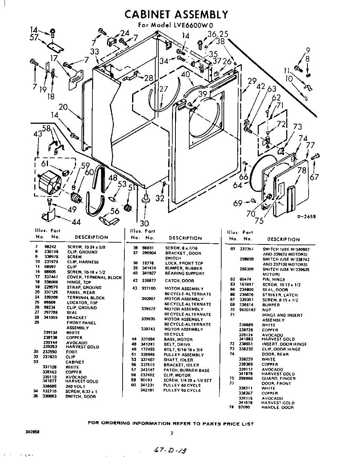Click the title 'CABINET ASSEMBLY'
click(x=177, y=14)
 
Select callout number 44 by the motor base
click(x=76, y=222)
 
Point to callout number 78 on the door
click(x=302, y=170)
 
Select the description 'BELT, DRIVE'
click(x=177, y=344)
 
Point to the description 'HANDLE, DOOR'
click(x=277, y=407)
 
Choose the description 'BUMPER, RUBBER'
click(x=184, y=268)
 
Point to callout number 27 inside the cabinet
click(x=163, y=89)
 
